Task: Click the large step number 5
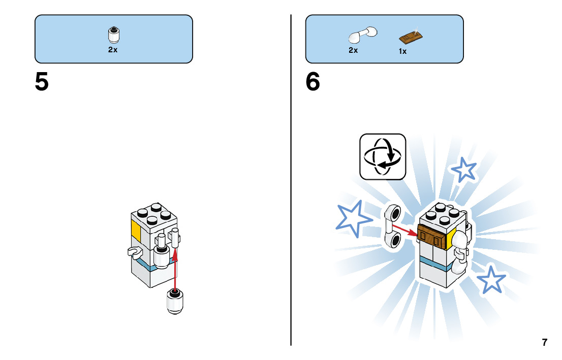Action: [x=42, y=82]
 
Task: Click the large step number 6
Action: [x=313, y=82]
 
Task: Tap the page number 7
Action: [x=545, y=342]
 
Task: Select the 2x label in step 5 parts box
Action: [x=113, y=50]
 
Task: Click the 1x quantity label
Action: [x=402, y=51]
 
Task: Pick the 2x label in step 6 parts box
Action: [x=353, y=50]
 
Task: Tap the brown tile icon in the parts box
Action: [x=412, y=37]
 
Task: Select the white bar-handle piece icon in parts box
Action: [x=362, y=35]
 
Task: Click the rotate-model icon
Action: [x=383, y=156]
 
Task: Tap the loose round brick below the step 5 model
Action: [x=176, y=302]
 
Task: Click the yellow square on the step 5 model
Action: [x=136, y=231]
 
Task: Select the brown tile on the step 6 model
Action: [x=431, y=235]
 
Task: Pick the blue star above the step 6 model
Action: [x=464, y=170]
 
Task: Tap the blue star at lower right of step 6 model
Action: [x=491, y=279]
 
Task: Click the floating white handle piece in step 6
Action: [x=393, y=226]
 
